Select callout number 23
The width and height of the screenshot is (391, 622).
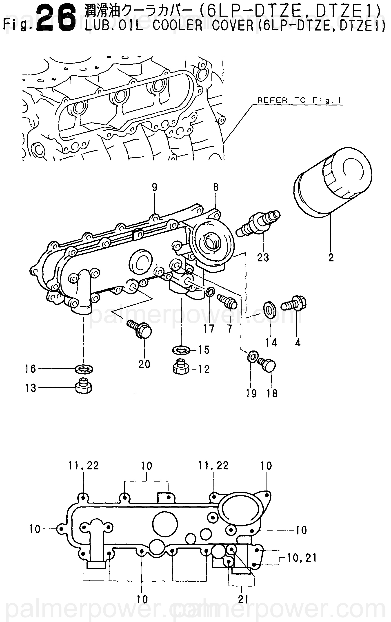coord(263,257)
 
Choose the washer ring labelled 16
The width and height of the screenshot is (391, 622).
coord(84,368)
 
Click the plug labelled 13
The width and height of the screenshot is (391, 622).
coord(84,386)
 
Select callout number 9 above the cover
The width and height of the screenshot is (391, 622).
coord(155,187)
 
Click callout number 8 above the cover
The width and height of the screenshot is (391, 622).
coord(216,187)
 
